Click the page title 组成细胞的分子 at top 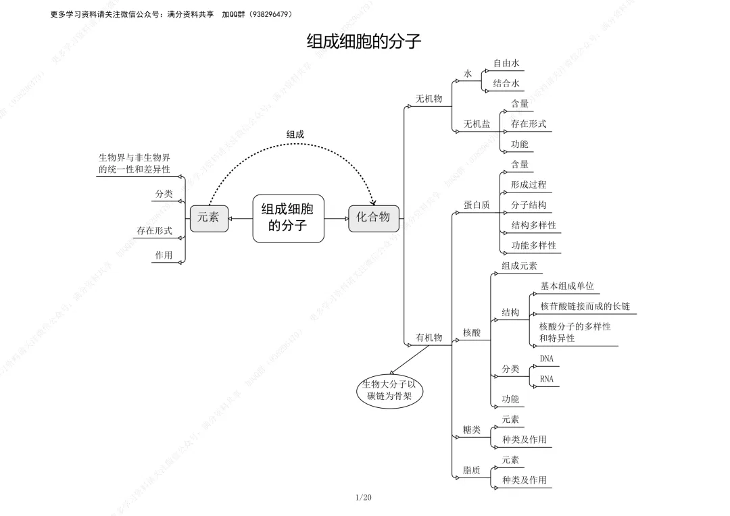364,42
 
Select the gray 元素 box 208,217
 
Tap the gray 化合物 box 373,217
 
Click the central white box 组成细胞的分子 288,217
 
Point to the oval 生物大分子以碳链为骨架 389,390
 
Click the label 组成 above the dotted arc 295,134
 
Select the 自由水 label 506,63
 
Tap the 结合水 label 506,84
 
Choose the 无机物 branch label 429,99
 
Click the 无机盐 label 477,124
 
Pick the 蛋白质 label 477,205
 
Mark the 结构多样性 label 533,226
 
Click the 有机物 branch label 429,338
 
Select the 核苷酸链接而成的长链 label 585,307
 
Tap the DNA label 546,359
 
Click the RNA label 546,380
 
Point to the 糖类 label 472,430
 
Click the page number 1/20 363,498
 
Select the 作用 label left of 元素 164,255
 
